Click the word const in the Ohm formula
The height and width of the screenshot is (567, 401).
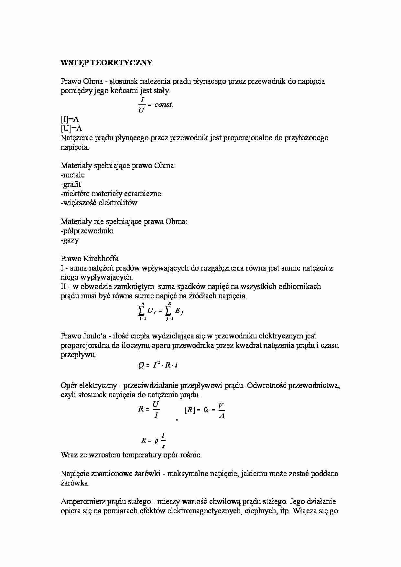163,104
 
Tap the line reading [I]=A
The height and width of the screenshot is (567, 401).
70,119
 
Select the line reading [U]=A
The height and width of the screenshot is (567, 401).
71,128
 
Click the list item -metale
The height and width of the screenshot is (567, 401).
73,175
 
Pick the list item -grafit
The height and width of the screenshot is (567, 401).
71,184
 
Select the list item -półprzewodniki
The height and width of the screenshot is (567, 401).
87,231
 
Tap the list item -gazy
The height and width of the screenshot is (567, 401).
70,240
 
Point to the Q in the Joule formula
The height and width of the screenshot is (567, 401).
141,366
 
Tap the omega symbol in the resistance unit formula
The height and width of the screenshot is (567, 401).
206,410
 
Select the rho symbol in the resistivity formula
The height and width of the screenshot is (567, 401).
157,440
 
